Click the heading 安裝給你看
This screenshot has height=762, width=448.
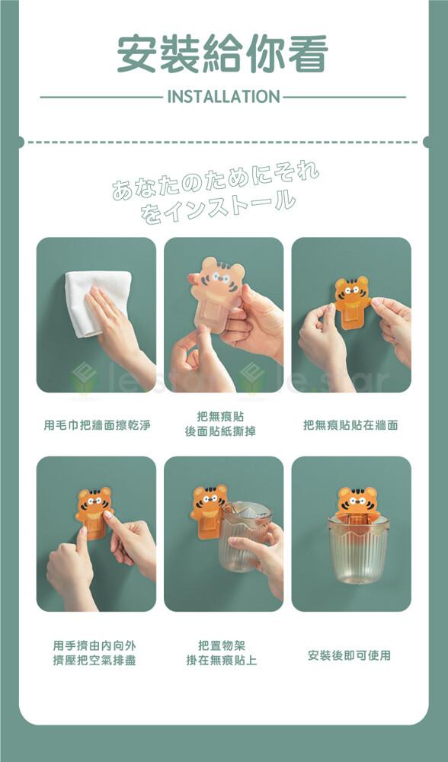(x=223, y=53)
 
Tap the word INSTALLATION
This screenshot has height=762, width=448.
(x=223, y=97)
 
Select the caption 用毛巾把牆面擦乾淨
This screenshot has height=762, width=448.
(x=97, y=425)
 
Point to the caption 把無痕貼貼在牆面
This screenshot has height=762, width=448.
(x=350, y=425)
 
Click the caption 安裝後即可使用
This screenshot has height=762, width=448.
(x=350, y=655)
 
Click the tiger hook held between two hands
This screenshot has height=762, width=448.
(x=352, y=301)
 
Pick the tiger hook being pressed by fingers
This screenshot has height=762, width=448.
(x=94, y=513)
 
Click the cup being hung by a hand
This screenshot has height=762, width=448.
(x=245, y=536)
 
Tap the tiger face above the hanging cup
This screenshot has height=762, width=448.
(x=357, y=500)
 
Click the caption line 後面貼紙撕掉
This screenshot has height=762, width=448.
(x=220, y=431)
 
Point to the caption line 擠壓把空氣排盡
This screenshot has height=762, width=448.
(x=94, y=661)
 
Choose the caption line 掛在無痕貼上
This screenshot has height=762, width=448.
(x=222, y=661)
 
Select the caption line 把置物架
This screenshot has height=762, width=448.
(x=222, y=645)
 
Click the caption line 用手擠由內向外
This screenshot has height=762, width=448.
(x=94, y=645)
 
